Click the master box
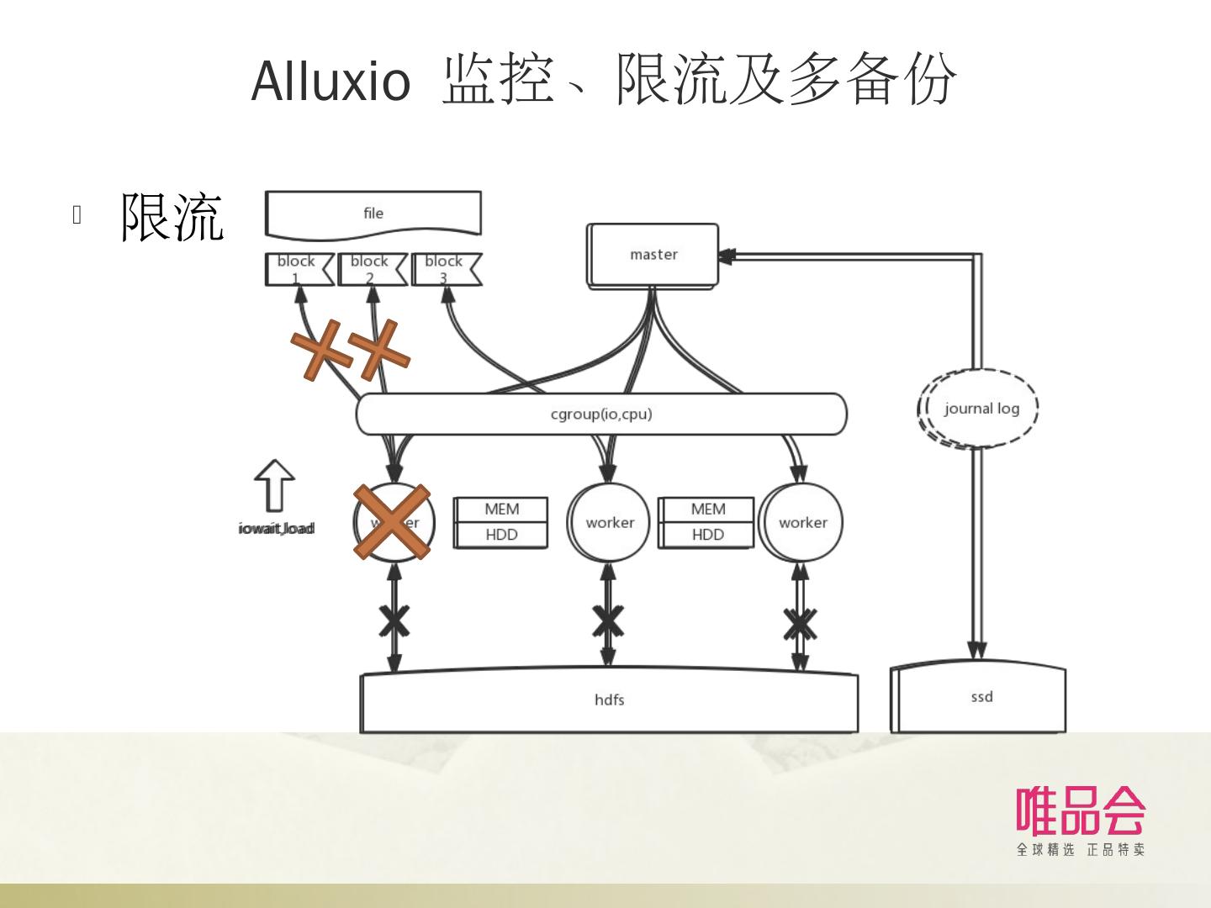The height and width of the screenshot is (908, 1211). (653, 255)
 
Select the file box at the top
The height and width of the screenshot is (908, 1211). (373, 214)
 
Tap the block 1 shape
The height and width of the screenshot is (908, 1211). (298, 269)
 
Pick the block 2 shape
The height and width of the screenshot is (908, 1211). (371, 269)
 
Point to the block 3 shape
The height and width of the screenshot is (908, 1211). (445, 269)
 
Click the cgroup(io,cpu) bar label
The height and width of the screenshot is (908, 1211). (601, 414)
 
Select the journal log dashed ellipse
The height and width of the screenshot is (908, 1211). (979, 409)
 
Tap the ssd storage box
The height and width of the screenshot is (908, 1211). (980, 698)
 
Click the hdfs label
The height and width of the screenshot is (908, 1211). (610, 699)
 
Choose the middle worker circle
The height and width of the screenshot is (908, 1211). (609, 522)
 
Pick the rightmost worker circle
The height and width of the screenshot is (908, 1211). (801, 522)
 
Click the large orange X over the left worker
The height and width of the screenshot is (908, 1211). (392, 522)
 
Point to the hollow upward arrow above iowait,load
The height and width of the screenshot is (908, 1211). (274, 485)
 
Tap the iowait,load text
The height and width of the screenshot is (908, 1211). (276, 528)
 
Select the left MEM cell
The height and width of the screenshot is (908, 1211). (501, 509)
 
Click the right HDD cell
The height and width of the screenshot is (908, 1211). (707, 535)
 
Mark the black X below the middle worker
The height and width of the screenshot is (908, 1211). (608, 621)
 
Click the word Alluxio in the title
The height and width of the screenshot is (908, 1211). (331, 82)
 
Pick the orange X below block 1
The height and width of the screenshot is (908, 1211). (321, 350)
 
